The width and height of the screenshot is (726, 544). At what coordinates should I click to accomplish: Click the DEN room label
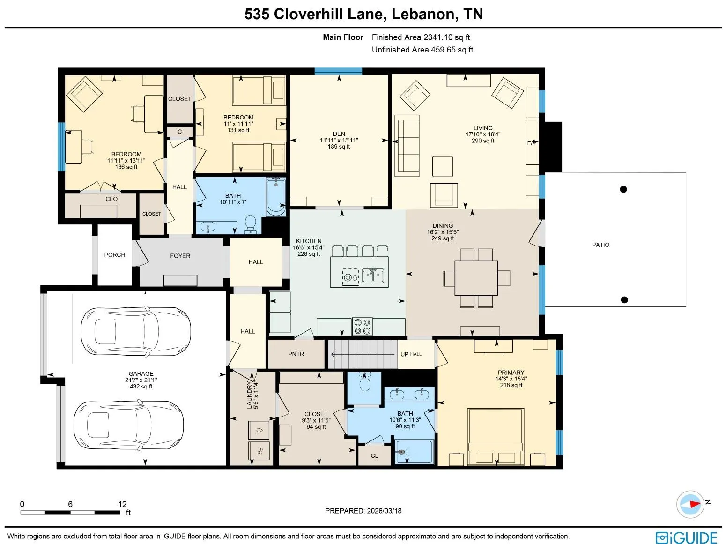pyautogui.click(x=339, y=134)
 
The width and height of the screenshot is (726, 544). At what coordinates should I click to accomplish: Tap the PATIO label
pyautogui.click(x=600, y=245)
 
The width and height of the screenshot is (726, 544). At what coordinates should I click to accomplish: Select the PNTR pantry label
pyautogui.click(x=296, y=354)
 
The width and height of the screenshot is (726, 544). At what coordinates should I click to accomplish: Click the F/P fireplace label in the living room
pyautogui.click(x=532, y=143)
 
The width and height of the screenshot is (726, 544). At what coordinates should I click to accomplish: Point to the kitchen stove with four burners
pyautogui.click(x=362, y=327)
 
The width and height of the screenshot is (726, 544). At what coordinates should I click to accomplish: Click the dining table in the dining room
pyautogui.click(x=476, y=278)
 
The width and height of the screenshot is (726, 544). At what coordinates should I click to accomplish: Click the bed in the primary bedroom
pyautogui.click(x=495, y=437)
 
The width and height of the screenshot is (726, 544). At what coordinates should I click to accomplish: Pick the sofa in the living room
pyautogui.click(x=407, y=146)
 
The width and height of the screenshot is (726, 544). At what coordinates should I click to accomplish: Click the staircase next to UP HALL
pyautogui.click(x=363, y=354)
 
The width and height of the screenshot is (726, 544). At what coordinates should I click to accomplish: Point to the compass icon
pyautogui.click(x=690, y=505)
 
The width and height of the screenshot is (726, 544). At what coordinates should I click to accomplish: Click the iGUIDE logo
pyautogui.click(x=686, y=537)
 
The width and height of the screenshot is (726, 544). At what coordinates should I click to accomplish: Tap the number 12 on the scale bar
pyautogui.click(x=122, y=504)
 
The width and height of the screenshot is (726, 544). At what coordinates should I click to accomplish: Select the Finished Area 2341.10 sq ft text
pyautogui.click(x=421, y=37)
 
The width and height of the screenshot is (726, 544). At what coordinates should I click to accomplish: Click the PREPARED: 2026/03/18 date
pyautogui.click(x=363, y=511)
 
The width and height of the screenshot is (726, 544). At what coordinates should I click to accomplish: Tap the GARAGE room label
pyautogui.click(x=141, y=373)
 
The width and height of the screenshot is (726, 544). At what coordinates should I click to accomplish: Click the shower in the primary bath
pyautogui.click(x=414, y=452)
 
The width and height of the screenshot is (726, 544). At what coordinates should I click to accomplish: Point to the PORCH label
pyautogui.click(x=114, y=255)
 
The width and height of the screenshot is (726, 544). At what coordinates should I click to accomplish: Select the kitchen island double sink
pyautogui.click(x=373, y=276)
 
